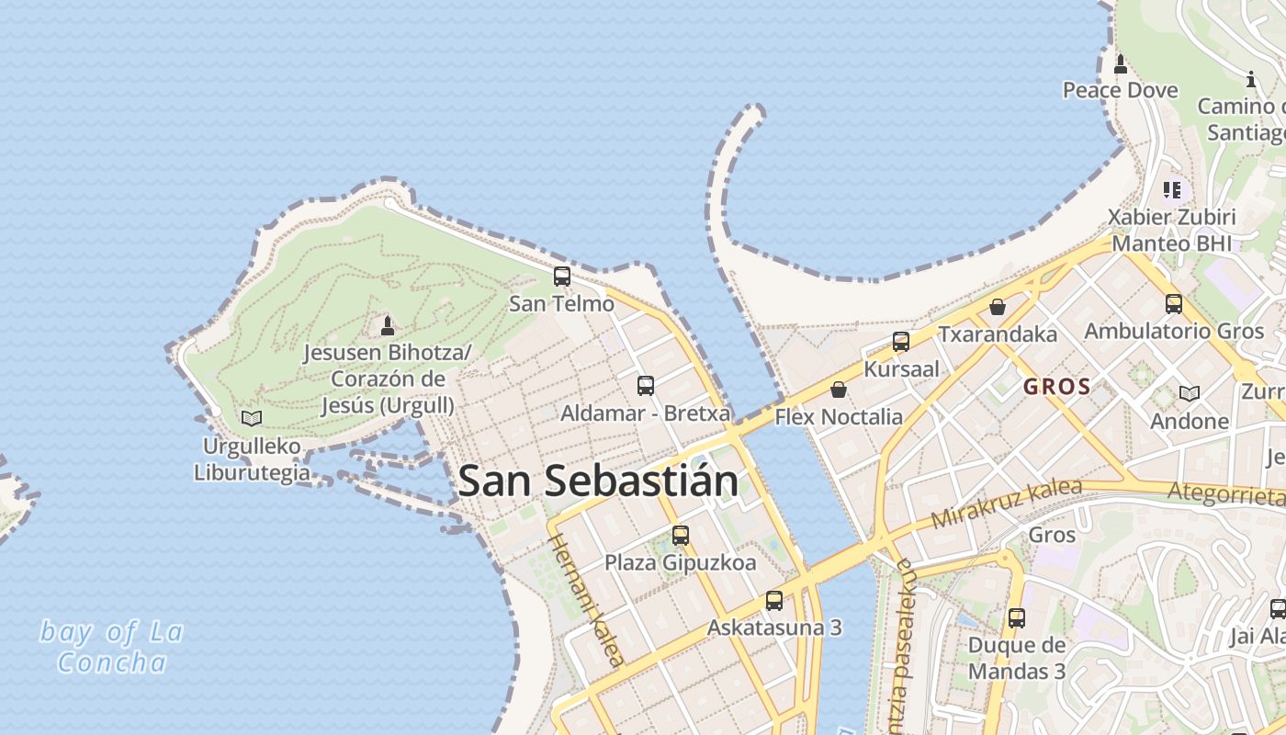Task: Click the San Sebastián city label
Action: [598, 481]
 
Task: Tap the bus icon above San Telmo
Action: [562, 276]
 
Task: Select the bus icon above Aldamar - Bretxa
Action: [646, 385]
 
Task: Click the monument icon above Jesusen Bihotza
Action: [388, 325]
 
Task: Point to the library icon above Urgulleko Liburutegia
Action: [252, 418]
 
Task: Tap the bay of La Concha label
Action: [112, 647]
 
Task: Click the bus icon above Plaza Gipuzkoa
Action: [681, 535]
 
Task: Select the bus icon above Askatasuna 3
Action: [774, 601]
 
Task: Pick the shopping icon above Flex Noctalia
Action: [839, 390]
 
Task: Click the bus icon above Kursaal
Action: [901, 342]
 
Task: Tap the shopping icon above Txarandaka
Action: [998, 307]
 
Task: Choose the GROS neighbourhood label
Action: [1057, 387]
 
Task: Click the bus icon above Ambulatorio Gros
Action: [1174, 303]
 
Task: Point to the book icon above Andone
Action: [1190, 393]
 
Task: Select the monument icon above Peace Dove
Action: [1121, 63]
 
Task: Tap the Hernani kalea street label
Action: [588, 599]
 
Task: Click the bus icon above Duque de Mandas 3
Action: [1017, 618]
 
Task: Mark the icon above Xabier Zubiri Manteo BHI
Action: [1172, 190]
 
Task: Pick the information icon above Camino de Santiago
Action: [1250, 80]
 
